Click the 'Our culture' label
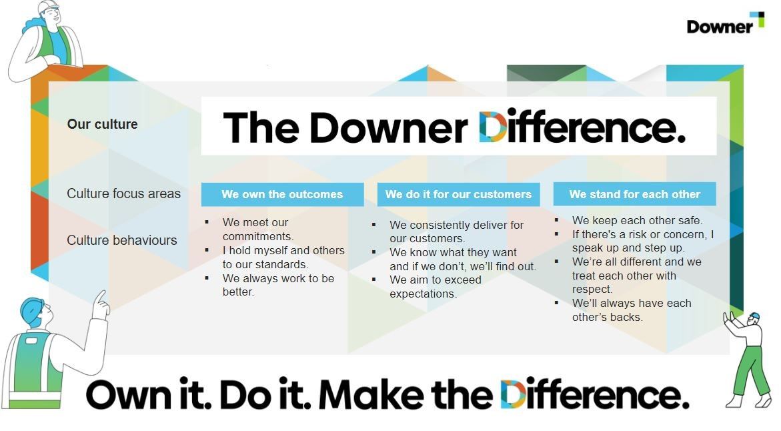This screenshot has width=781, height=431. [102, 124]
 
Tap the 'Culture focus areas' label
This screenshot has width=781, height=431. [123, 193]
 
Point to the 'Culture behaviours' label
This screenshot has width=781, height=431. [121, 240]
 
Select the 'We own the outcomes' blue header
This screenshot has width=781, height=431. [282, 195]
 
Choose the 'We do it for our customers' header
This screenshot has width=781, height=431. [458, 195]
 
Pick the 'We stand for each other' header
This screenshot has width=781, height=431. [634, 195]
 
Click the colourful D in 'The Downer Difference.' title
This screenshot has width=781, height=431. [493, 127]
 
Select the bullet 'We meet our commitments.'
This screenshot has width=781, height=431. [258, 229]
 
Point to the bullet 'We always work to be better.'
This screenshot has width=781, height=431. [278, 285]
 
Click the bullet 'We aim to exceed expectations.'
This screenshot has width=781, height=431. [435, 286]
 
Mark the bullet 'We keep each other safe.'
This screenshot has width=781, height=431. [637, 220]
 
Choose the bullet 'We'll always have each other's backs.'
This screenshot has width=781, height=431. [631, 310]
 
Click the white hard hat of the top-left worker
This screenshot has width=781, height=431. [48, 7]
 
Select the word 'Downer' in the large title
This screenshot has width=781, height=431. [388, 127]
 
